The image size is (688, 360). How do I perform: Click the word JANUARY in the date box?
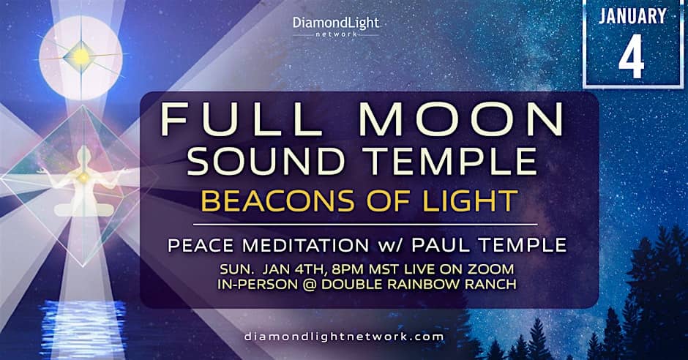tap(632, 17)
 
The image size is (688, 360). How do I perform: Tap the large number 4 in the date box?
tap(632, 56)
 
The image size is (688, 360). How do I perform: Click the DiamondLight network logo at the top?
tap(336, 26)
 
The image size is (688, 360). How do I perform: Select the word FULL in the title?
tap(242, 120)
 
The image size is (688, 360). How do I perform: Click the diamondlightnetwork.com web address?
tap(343, 337)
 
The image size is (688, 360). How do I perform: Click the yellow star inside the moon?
tap(81, 56)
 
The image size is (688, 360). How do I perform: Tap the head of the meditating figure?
tap(83, 154)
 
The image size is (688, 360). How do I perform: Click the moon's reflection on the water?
tap(83, 329)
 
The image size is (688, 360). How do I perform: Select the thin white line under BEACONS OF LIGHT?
tap(365, 225)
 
